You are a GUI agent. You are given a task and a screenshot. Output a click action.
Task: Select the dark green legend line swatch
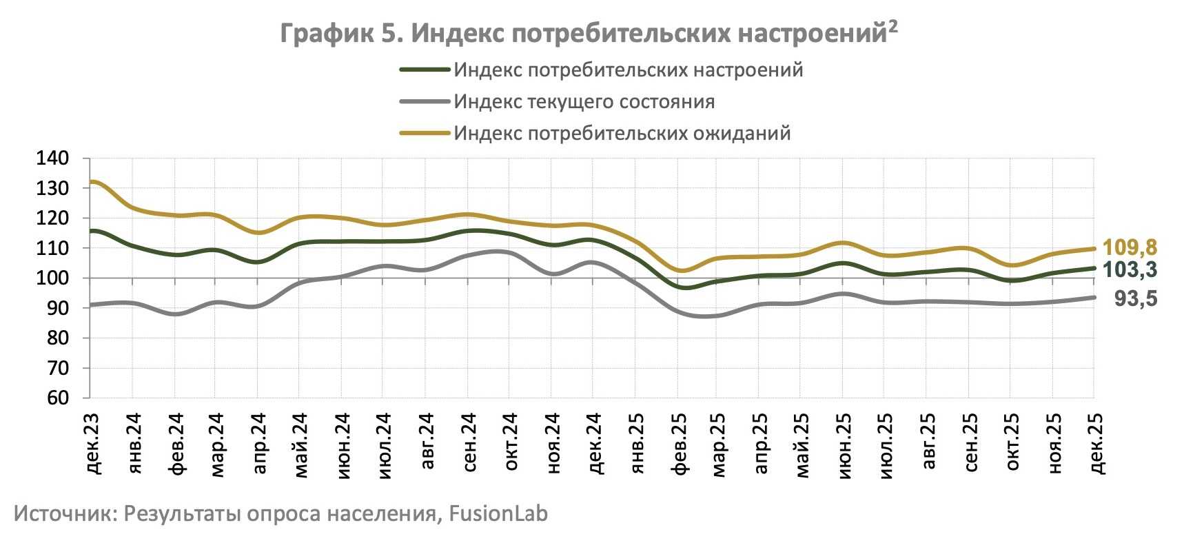click(x=425, y=70)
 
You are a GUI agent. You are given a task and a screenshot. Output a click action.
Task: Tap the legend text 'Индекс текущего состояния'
click(x=584, y=102)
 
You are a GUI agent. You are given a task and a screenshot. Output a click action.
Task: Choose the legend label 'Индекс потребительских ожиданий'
click(x=622, y=133)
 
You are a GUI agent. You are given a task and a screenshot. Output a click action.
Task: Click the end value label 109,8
click(x=1130, y=247)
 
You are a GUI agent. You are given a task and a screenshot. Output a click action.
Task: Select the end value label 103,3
click(x=1130, y=270)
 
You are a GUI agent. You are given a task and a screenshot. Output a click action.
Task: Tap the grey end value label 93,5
click(x=1136, y=299)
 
